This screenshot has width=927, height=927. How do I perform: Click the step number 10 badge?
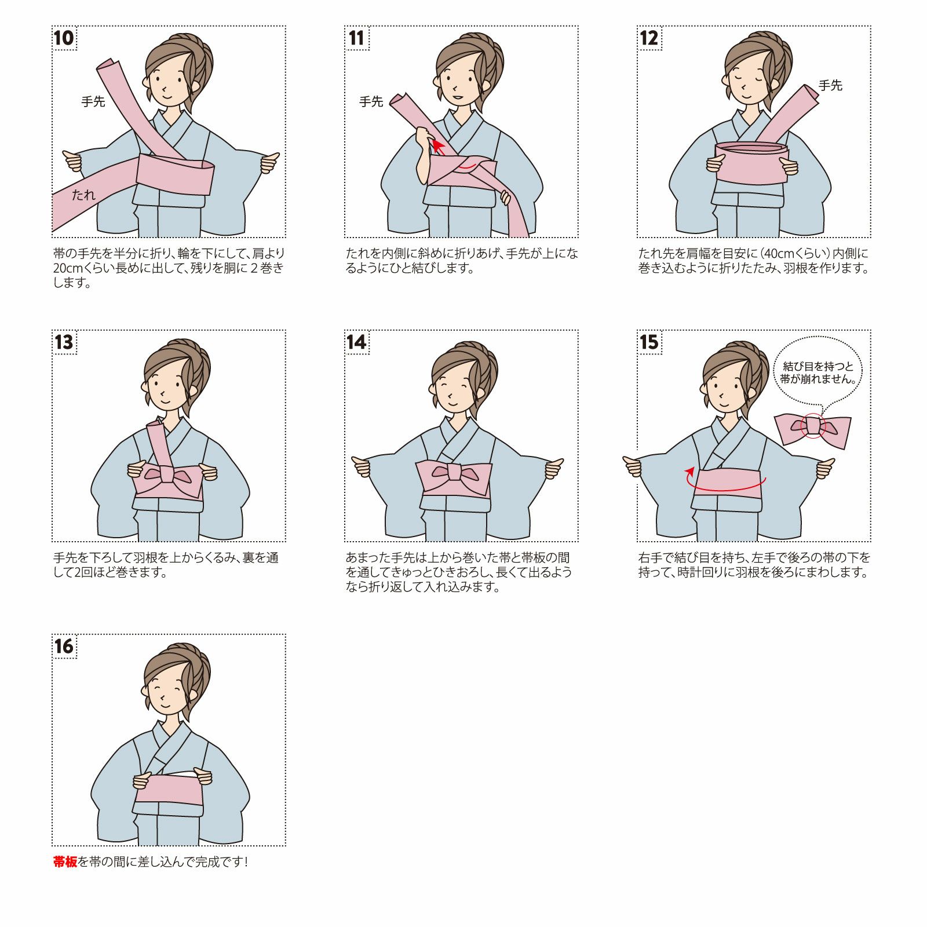[x=64, y=38]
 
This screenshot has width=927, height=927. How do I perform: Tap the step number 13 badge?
[x=64, y=342]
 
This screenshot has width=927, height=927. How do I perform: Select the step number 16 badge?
[x=64, y=647]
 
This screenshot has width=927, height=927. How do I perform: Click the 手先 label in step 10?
[x=93, y=101]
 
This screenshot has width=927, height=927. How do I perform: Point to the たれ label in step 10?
[x=83, y=195]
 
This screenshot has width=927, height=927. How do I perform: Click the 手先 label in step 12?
[x=830, y=85]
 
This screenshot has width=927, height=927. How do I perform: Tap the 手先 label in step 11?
[x=371, y=101]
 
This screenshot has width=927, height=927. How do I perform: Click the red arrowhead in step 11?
[x=437, y=144]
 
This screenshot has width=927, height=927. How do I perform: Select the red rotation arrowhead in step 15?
[x=689, y=471]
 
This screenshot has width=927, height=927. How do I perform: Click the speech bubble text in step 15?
[x=817, y=373]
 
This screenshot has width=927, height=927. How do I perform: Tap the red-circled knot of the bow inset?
[x=813, y=426]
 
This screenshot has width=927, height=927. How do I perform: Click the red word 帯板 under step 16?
[x=65, y=862]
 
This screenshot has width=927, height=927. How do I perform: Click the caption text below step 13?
[x=166, y=565]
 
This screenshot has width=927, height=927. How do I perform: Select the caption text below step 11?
[x=462, y=261]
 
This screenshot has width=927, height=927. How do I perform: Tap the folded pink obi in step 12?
[x=751, y=163]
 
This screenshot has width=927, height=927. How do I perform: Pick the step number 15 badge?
[x=649, y=342]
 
